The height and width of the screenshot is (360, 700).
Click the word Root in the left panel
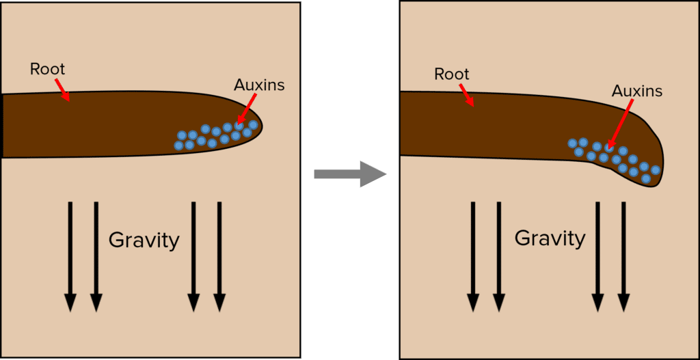(47, 69)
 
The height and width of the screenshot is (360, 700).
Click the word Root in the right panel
(452, 74)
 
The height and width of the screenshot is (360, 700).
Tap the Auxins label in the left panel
(259, 85)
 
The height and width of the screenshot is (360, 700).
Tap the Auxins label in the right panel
(636, 91)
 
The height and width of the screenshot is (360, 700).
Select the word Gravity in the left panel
(144, 240)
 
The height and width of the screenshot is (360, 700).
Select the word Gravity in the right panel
(550, 238)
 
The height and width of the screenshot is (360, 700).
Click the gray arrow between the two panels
(349, 174)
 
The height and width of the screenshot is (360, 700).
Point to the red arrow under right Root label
(467, 95)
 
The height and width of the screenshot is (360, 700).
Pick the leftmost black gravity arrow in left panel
(70, 256)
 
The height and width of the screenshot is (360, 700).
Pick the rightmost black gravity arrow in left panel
(219, 256)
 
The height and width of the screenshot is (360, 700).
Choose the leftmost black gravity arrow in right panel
(472, 256)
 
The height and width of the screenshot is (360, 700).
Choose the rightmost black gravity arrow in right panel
(623, 256)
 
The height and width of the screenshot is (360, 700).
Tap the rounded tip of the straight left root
(258, 125)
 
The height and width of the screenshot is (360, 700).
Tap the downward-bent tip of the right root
(654, 179)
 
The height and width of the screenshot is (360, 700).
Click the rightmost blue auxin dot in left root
(253, 125)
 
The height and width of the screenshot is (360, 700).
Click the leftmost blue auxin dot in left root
(179, 146)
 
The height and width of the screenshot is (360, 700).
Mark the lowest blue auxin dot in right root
(646, 179)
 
